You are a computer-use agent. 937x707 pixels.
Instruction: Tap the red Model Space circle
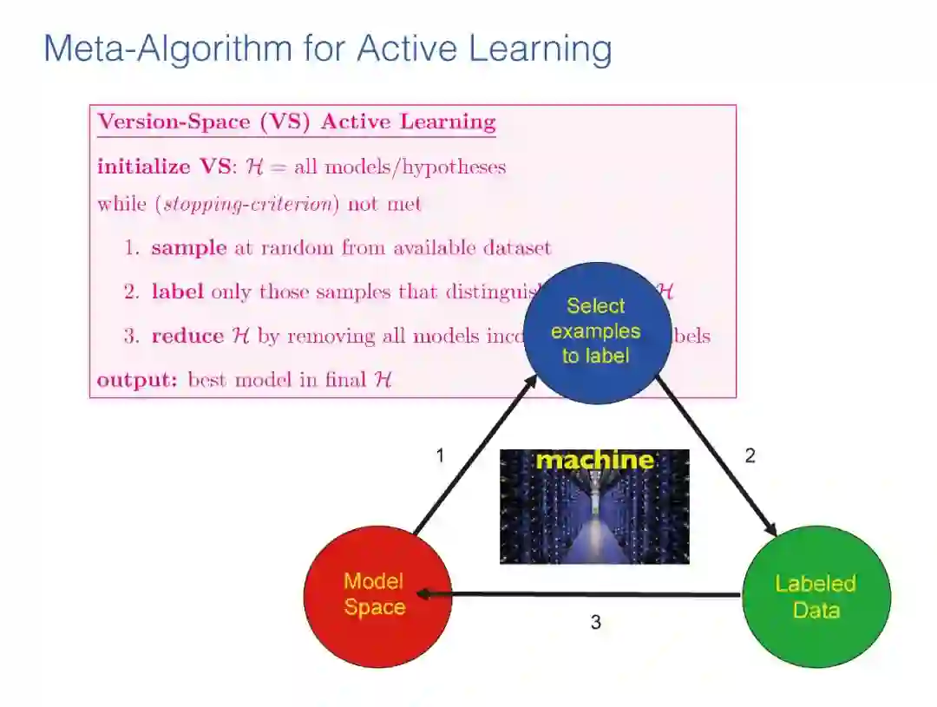[377, 596]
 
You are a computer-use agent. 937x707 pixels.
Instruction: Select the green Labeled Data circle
[816, 597]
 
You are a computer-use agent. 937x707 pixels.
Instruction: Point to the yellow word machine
[594, 460]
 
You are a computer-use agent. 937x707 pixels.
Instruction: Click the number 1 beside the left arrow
[440, 455]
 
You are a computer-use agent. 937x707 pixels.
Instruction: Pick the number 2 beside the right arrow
[750, 455]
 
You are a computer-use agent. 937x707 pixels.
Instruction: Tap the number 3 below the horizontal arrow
[596, 622]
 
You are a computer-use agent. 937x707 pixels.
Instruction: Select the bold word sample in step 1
[189, 248]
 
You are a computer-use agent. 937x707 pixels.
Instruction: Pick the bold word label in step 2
[177, 291]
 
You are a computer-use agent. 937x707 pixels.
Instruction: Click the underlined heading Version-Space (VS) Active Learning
[297, 121]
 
